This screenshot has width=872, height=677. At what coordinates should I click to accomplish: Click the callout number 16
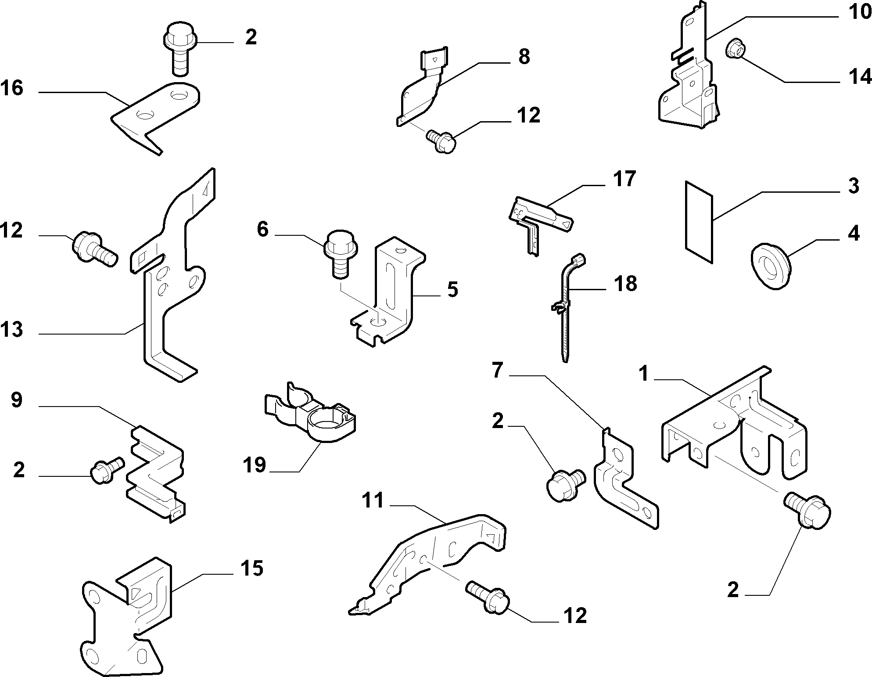click(x=12, y=88)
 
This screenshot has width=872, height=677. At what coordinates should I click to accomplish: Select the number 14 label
click(x=859, y=77)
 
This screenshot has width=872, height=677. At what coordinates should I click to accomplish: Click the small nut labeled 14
click(x=735, y=49)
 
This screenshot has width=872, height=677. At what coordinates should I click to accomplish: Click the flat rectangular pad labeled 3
click(x=698, y=222)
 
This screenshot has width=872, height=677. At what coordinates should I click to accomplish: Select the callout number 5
click(x=452, y=290)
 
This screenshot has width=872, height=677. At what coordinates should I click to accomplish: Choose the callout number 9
click(x=17, y=400)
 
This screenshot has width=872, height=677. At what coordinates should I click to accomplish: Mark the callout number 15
click(x=251, y=568)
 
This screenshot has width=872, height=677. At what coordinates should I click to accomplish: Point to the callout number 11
click(x=373, y=500)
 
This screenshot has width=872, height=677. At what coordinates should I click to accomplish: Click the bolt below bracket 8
click(x=441, y=140)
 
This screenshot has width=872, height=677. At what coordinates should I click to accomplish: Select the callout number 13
click(x=12, y=330)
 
